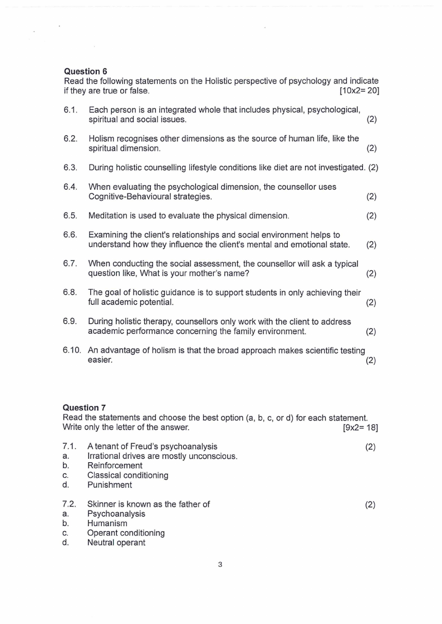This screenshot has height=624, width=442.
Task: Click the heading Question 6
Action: pyautogui.click(x=86, y=71)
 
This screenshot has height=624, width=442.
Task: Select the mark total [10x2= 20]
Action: pyautogui.click(x=359, y=90)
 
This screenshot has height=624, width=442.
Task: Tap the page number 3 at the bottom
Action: pyautogui.click(x=220, y=565)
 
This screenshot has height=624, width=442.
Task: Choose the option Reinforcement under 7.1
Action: pyautogui.click(x=115, y=465)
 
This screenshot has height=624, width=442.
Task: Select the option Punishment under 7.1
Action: pyautogui.click(x=110, y=485)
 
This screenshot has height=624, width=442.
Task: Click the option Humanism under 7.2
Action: pyautogui.click(x=107, y=523)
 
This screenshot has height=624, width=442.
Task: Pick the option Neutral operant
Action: pyautogui.click(x=116, y=543)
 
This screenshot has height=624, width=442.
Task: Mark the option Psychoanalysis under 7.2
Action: pyautogui.click(x=116, y=514)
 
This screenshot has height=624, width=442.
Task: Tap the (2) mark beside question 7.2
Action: pyautogui.click(x=370, y=504)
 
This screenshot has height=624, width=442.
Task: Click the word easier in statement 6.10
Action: pyautogui.click(x=100, y=360)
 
